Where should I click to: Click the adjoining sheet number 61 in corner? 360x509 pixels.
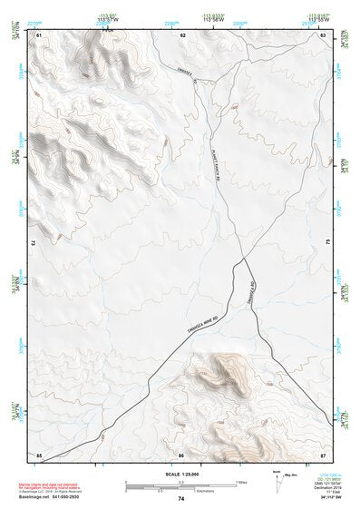(x=39, y=34)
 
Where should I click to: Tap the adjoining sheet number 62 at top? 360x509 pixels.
(x=183, y=34)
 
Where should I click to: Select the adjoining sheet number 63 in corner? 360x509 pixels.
(x=323, y=34)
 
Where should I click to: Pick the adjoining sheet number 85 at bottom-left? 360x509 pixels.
(x=39, y=453)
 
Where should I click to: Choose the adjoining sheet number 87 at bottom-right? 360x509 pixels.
(x=323, y=453)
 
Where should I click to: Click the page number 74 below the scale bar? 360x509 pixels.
(x=181, y=498)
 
